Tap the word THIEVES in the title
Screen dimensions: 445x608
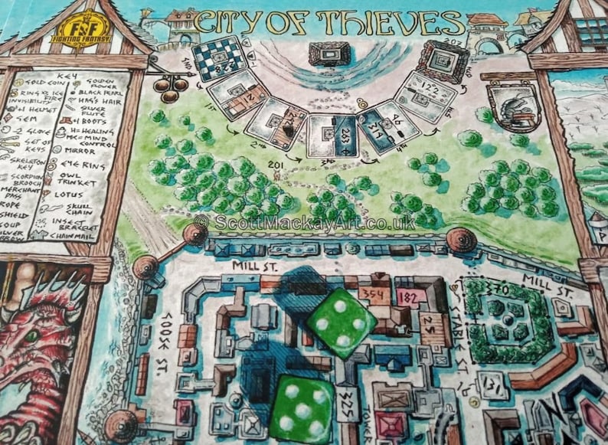tap(397, 21)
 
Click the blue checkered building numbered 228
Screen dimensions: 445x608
tap(220, 58)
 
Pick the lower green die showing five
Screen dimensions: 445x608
tap(302, 411)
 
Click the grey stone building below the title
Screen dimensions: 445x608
tap(330, 53)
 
